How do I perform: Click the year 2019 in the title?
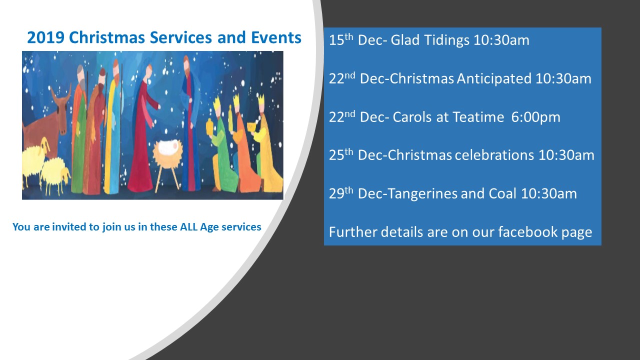[x=45, y=37]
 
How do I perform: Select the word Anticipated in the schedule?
[x=494, y=79]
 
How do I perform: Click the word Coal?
[x=502, y=193]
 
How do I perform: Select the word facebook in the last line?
[x=527, y=231]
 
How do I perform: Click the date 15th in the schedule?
[x=341, y=39]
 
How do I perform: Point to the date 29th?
[x=341, y=193]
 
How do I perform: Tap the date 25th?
[x=341, y=154]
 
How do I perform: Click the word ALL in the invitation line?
[x=188, y=227]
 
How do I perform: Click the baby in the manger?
[x=169, y=147]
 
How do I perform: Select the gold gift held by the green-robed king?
[x=210, y=126]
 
